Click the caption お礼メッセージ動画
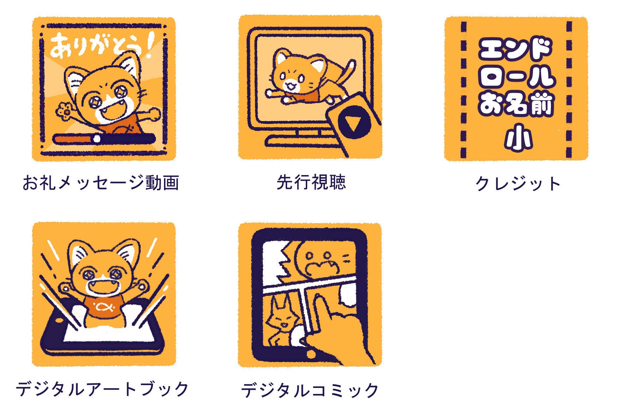[101, 182]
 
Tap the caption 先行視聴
[311, 182]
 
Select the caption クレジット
[518, 184]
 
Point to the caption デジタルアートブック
[102, 389]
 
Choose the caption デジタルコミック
[310, 390]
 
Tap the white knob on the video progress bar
[97, 139]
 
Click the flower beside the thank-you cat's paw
[65, 110]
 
